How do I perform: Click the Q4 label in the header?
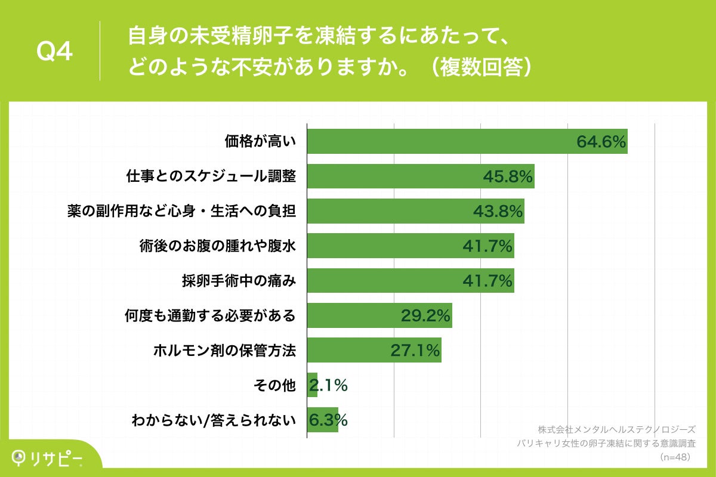pos(55,52)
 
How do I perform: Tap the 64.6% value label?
pos(601,142)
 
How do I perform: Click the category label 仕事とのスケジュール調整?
pos(211,176)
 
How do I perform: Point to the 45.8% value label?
pos(508,176)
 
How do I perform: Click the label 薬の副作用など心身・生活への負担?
pos(181,211)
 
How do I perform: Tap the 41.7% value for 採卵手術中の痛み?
pos(487,281)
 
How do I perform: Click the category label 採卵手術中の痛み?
pos(239,281)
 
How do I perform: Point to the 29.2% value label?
pos(425,315)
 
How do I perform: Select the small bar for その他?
pos(312,385)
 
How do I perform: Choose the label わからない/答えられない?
pos(214,420)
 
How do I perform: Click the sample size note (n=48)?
pos(675,457)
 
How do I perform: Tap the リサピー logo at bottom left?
pos(48,458)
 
